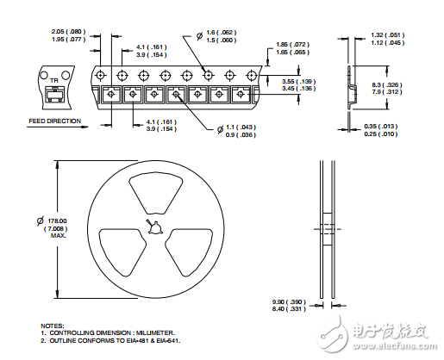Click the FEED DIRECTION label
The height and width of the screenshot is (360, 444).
[55, 121]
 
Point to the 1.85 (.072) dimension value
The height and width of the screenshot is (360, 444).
[293, 45]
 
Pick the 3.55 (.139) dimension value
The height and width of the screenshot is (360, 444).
[302, 81]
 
